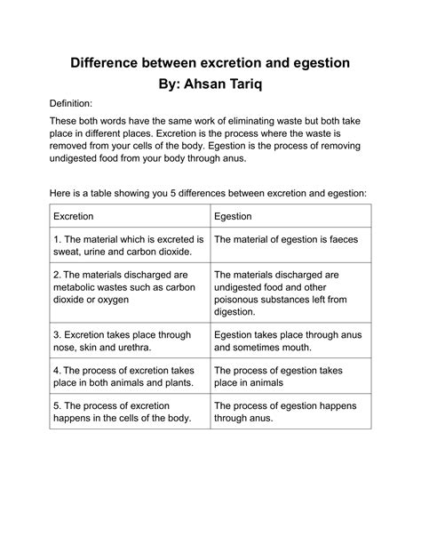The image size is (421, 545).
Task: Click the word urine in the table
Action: point(102,252)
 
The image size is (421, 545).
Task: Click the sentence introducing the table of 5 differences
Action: point(210,192)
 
